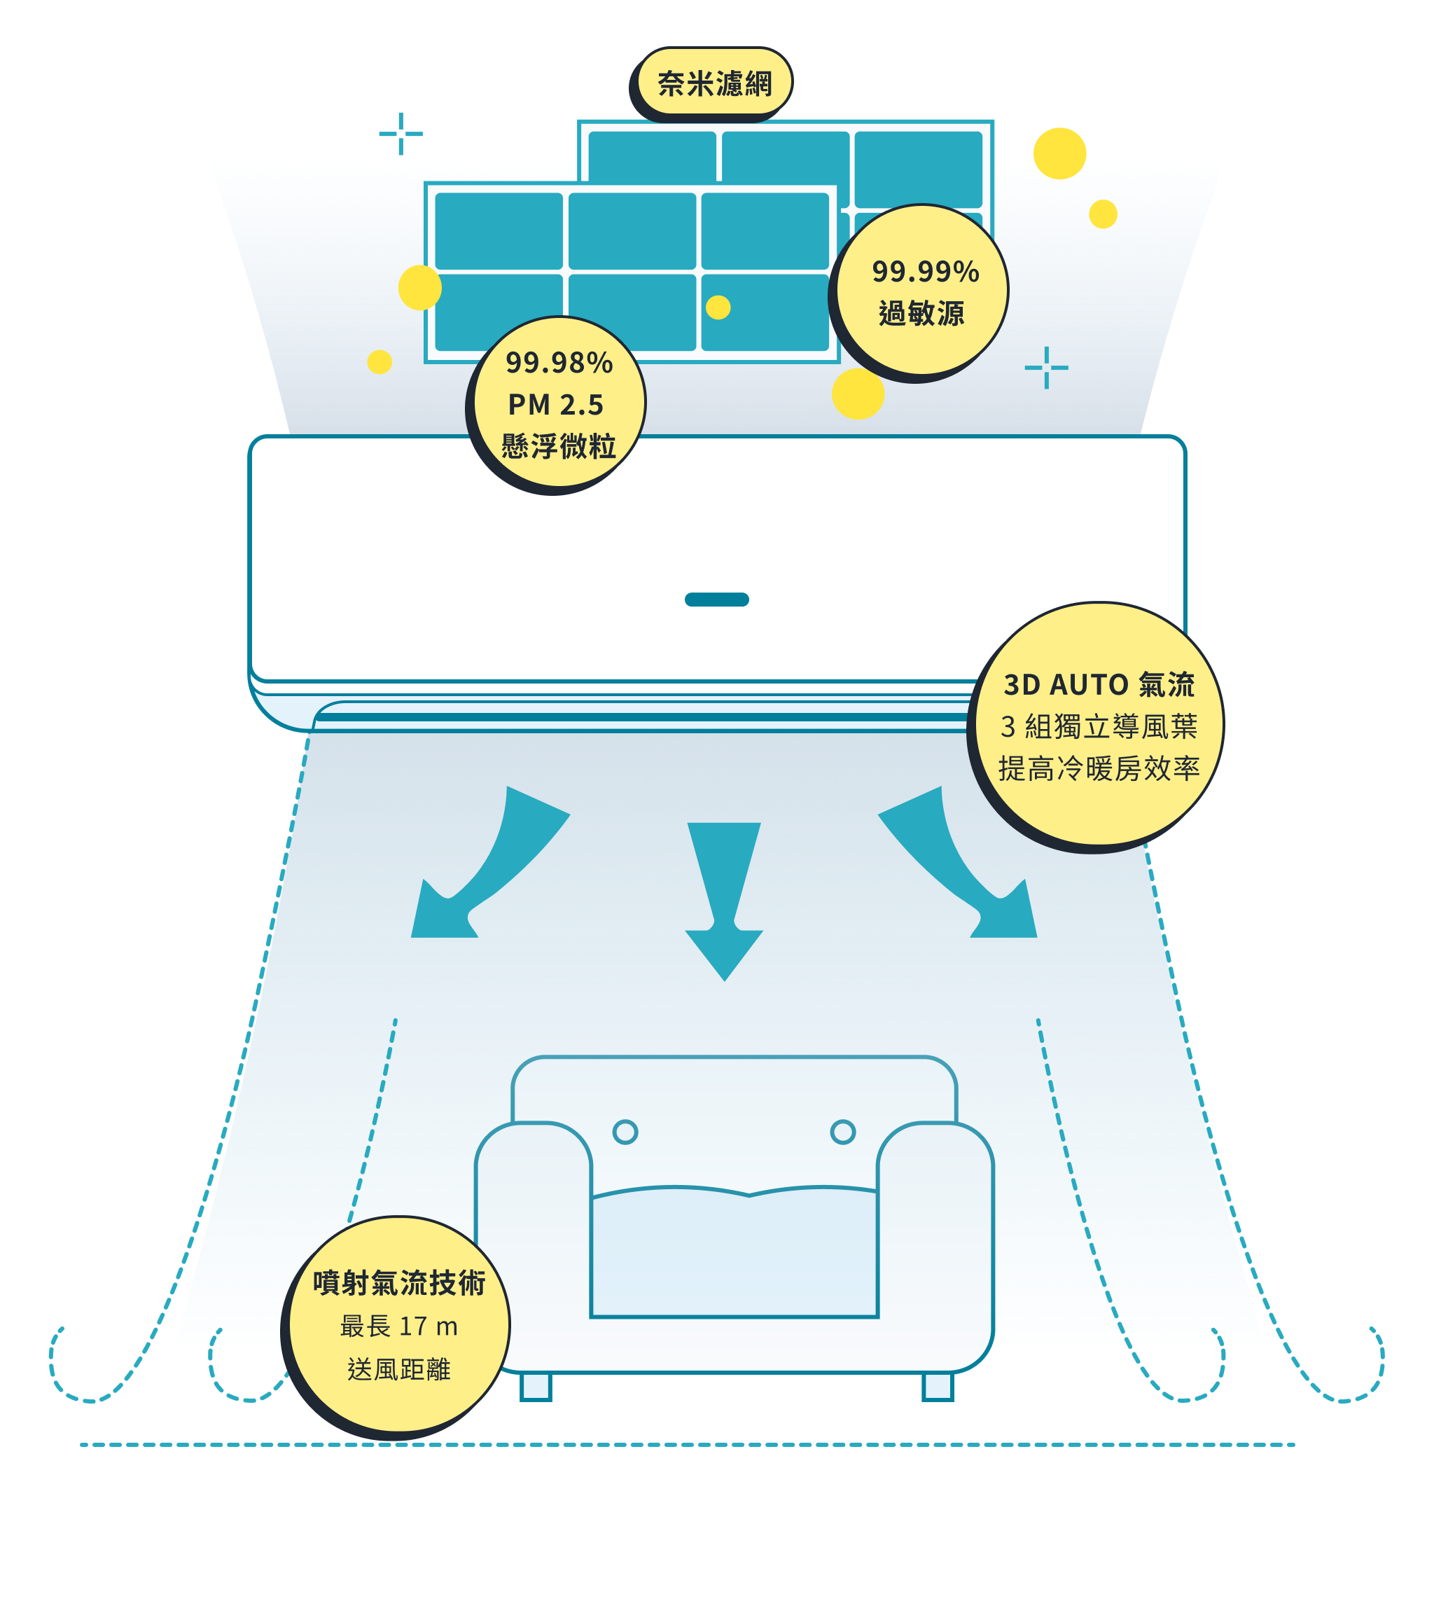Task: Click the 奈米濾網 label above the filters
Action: click(713, 83)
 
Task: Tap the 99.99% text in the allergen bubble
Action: click(924, 272)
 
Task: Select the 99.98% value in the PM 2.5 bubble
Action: click(559, 363)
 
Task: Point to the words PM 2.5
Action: click(555, 405)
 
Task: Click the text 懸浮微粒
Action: click(559, 446)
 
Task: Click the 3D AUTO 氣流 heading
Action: click(1099, 684)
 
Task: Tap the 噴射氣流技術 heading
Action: click(398, 1282)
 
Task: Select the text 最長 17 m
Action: click(398, 1326)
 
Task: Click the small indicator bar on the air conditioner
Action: click(716, 599)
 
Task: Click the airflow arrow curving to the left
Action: click(485, 867)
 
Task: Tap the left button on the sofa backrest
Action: click(625, 1131)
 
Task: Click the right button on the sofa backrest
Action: click(842, 1131)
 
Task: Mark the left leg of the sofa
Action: click(536, 1386)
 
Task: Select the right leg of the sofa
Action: click(938, 1386)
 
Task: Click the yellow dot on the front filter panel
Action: click(718, 307)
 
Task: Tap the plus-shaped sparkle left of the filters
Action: click(401, 134)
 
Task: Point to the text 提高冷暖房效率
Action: click(1099, 768)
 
